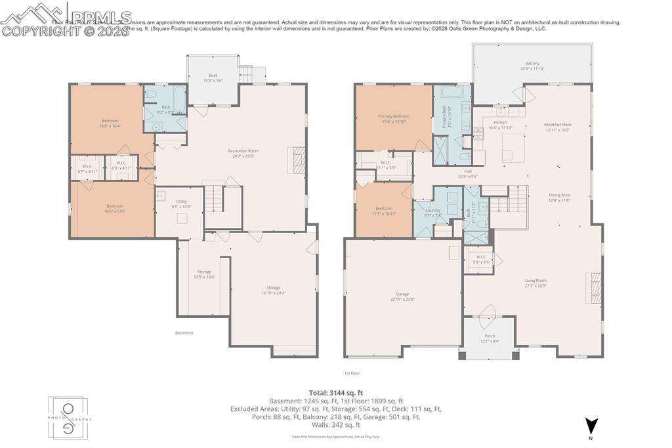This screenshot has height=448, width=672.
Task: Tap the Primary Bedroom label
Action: click(394, 119)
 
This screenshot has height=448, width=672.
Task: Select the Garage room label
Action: click(402, 296)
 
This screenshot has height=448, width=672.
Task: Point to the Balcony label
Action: click(532, 66)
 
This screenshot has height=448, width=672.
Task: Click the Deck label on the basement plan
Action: click(213, 78)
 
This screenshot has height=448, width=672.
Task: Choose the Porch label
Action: click(490, 338)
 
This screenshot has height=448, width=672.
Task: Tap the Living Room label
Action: click(535, 283)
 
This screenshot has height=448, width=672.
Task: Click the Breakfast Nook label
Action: click(558, 127)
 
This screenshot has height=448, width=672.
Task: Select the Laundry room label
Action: click(432, 212)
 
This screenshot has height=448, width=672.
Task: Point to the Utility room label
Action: click(182, 204)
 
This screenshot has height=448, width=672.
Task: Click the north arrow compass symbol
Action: click(591, 426)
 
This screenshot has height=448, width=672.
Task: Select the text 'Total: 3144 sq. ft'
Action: click(335, 393)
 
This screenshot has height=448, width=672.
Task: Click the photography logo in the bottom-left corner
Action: click(70, 418)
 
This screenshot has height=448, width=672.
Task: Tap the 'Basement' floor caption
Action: click(184, 333)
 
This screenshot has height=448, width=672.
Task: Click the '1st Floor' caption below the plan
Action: click(352, 373)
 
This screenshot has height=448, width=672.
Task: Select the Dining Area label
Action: click(559, 197)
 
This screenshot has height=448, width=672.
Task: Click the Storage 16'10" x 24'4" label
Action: click(273, 290)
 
